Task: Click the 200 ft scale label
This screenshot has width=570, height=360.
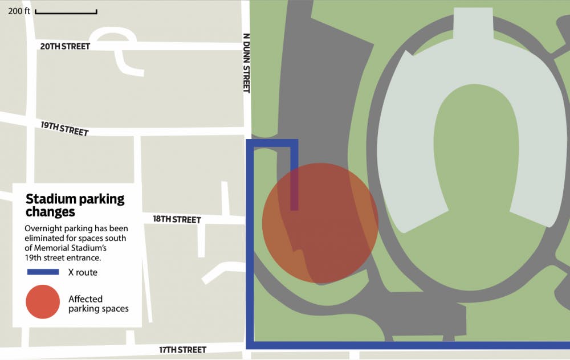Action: [x=19, y=12]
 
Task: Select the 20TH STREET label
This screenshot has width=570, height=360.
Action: [x=65, y=46]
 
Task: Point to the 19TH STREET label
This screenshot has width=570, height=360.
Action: [x=64, y=129]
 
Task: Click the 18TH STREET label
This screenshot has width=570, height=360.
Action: [x=177, y=219]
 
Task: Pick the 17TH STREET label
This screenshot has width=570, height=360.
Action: [x=182, y=350]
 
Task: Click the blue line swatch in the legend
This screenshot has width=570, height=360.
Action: [x=43, y=272]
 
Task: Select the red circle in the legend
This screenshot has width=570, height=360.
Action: [x=43, y=302]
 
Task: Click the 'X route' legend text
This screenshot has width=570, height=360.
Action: [x=83, y=272]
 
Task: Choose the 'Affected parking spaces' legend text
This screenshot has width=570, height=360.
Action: [x=98, y=304]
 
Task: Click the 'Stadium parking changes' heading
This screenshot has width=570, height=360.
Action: [x=74, y=206]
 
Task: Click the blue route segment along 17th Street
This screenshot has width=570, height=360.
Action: [x=410, y=345]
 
